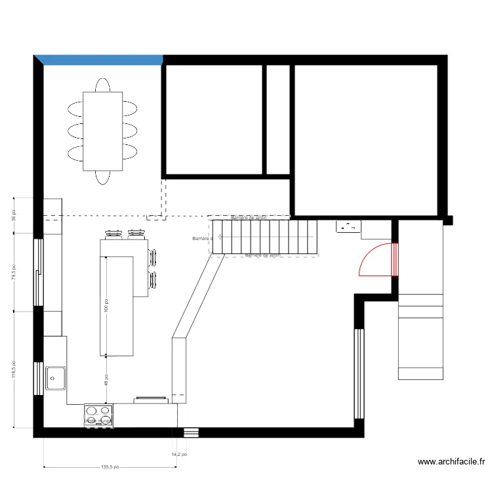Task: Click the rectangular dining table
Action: click(102, 131)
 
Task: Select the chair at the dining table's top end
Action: click(102, 85)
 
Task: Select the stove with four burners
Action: click(98, 415)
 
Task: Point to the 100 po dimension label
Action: click(106, 306)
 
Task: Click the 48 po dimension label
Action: click(106, 380)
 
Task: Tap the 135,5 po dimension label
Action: click(110, 468)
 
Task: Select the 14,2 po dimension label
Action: click(179, 453)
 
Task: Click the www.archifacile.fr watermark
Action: click(452, 462)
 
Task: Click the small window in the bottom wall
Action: click(191, 432)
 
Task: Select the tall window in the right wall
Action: click(358, 374)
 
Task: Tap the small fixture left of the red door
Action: click(348, 227)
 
